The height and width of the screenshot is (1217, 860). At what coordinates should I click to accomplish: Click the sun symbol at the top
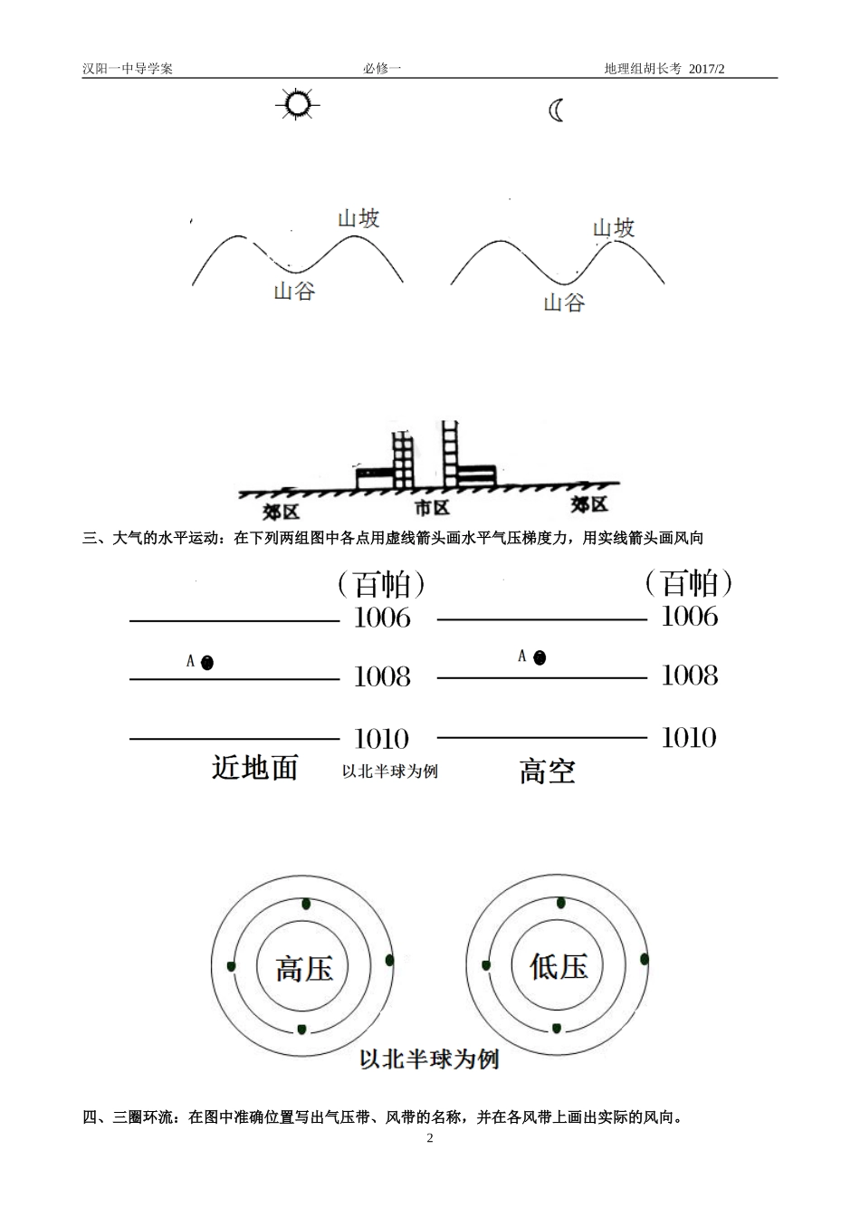(x=296, y=105)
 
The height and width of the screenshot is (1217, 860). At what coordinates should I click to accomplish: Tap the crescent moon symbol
(x=556, y=110)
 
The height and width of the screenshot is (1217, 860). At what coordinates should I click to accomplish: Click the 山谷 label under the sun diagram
(x=294, y=292)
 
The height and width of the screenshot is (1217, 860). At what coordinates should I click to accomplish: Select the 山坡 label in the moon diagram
(x=614, y=227)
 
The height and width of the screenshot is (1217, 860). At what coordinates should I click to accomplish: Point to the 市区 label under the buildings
(x=432, y=508)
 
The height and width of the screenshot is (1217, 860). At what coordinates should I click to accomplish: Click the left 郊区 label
(x=281, y=512)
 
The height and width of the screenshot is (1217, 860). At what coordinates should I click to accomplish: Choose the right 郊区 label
(x=588, y=504)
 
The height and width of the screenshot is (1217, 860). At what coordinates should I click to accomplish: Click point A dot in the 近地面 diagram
(x=207, y=663)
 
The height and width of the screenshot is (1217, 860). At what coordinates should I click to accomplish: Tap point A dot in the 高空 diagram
(x=540, y=658)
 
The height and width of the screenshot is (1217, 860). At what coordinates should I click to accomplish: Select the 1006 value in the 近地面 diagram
(x=382, y=618)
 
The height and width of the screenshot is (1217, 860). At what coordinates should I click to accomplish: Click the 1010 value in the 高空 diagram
(x=689, y=738)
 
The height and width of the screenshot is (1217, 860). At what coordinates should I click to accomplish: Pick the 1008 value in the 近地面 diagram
(x=382, y=677)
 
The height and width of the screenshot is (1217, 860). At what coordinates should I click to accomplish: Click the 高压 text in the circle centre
(x=304, y=969)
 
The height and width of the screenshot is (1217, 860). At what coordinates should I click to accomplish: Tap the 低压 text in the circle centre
(x=559, y=966)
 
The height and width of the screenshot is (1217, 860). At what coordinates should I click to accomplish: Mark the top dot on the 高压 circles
(x=305, y=904)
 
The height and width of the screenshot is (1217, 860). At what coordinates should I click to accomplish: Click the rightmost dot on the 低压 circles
(x=645, y=959)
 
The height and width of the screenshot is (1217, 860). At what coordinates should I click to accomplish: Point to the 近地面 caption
(x=254, y=768)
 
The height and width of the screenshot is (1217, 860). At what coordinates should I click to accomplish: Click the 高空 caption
(x=547, y=771)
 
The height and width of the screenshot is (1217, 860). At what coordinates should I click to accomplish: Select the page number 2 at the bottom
(x=430, y=1138)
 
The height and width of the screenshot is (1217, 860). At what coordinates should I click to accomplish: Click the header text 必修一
(x=381, y=69)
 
